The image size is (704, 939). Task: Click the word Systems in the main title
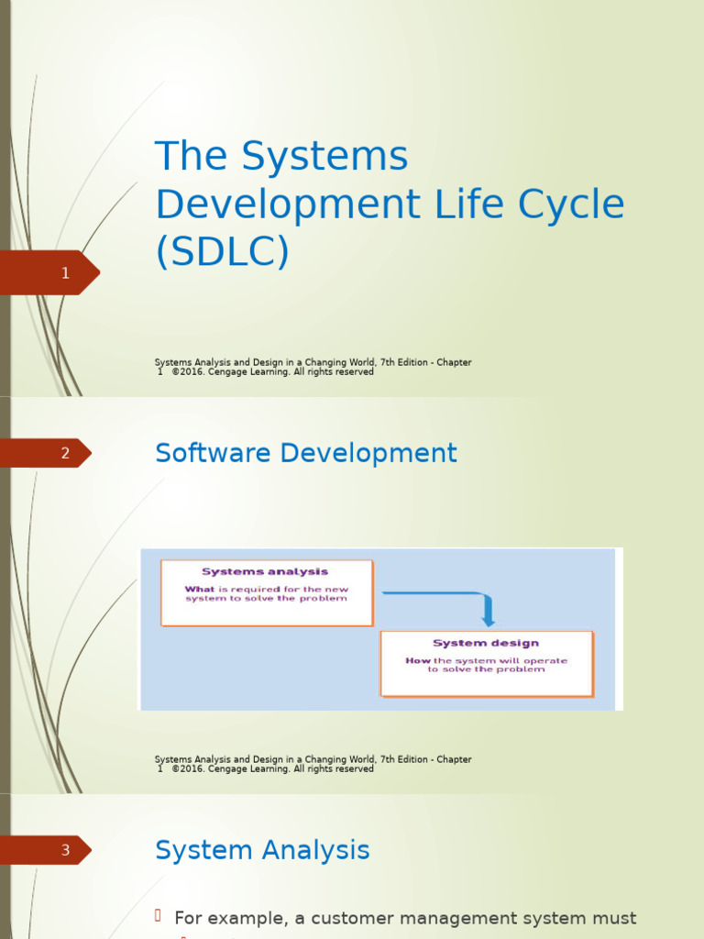324,157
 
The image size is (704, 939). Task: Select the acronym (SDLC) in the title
222,252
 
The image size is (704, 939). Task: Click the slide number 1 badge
64,272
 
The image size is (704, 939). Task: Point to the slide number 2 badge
64,453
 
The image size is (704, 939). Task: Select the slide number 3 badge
64,850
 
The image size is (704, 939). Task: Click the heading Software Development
305,453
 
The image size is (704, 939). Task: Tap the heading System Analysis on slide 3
262,850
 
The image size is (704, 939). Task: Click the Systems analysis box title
265,571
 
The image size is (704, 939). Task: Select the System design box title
486,643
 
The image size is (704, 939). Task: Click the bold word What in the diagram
199,590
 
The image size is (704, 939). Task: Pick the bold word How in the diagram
418,660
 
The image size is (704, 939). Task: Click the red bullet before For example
158,916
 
